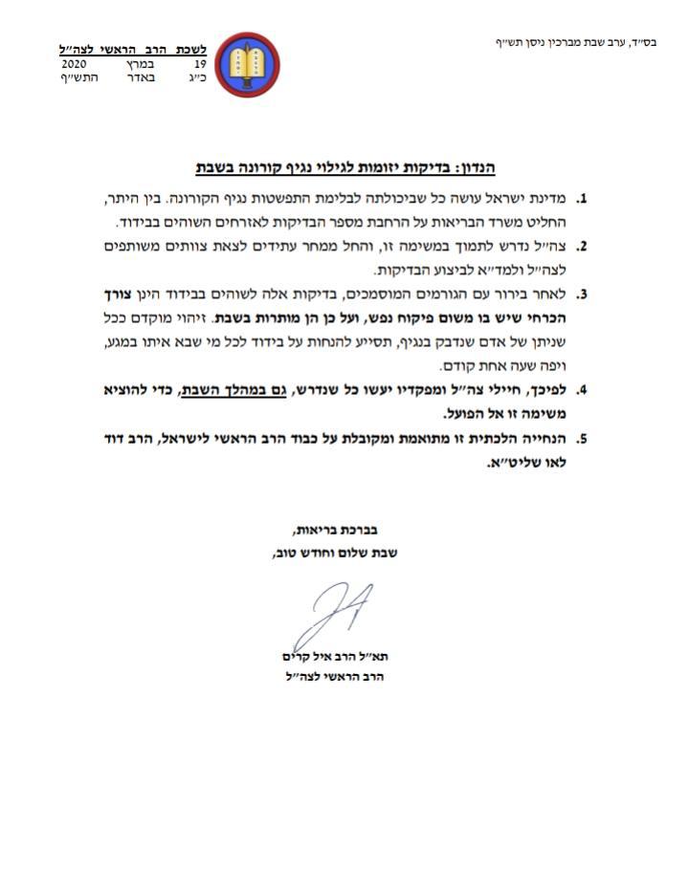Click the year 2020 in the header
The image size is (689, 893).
pos(75,63)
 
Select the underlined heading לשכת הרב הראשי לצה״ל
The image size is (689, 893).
pos(133,49)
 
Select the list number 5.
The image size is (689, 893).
pos(580,440)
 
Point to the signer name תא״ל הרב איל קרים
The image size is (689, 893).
pos(329,657)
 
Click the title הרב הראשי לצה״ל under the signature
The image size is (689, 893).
pos(328,678)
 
